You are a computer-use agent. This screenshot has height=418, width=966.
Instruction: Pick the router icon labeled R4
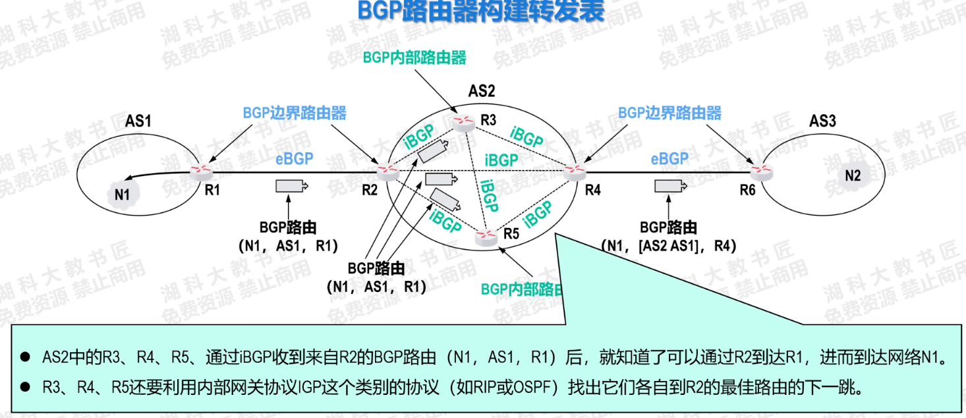click(x=575, y=171)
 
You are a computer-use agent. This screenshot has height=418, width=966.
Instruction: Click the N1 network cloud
click(x=122, y=196)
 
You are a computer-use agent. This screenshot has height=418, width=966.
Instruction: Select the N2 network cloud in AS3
click(x=852, y=175)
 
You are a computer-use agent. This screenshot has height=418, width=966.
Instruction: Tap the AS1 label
click(x=138, y=121)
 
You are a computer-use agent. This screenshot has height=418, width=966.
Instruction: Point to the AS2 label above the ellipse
click(x=481, y=91)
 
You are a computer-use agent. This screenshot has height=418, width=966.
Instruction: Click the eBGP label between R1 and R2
click(x=294, y=159)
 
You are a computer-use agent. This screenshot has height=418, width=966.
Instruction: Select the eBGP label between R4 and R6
click(x=669, y=159)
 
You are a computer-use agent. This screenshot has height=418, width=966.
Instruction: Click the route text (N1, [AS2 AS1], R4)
click(x=668, y=246)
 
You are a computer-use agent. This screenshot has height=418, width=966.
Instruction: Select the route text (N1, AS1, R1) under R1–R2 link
click(x=288, y=246)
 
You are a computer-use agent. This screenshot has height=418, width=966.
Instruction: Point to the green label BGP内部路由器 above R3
click(x=414, y=58)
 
